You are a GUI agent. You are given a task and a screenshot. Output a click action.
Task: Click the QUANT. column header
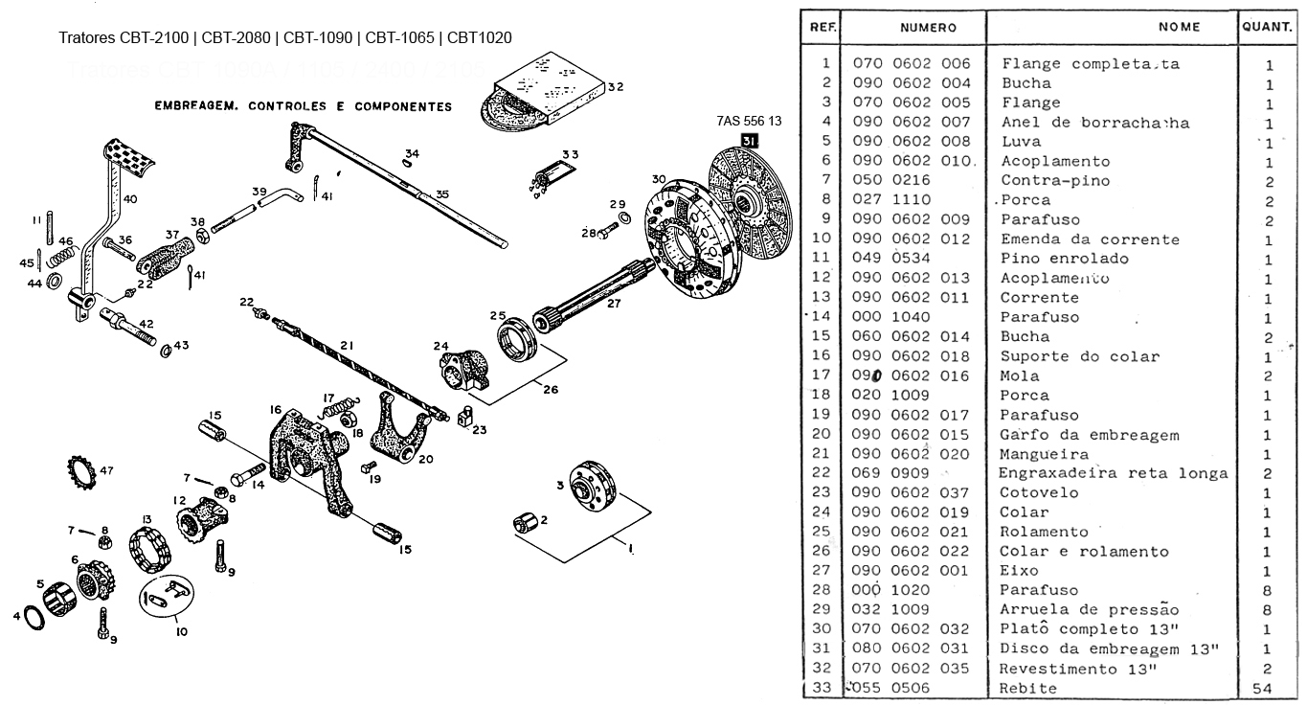(1267, 27)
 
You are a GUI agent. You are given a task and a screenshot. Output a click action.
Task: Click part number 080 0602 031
(911, 649)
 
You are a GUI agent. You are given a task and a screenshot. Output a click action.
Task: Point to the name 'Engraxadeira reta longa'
(1113, 473)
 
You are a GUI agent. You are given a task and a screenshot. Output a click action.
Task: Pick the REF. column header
(823, 27)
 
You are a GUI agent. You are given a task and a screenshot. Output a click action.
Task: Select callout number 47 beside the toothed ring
(106, 470)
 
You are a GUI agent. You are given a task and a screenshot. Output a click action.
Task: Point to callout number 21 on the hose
(347, 346)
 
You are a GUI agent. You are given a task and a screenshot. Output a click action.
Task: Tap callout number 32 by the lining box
(615, 87)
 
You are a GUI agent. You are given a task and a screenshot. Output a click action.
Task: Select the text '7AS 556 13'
(749, 122)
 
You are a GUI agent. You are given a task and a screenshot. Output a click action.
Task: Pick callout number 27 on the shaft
(614, 304)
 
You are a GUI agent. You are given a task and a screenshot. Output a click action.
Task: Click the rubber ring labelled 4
(33, 618)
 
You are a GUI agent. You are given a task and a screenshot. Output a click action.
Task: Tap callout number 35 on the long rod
(441, 194)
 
